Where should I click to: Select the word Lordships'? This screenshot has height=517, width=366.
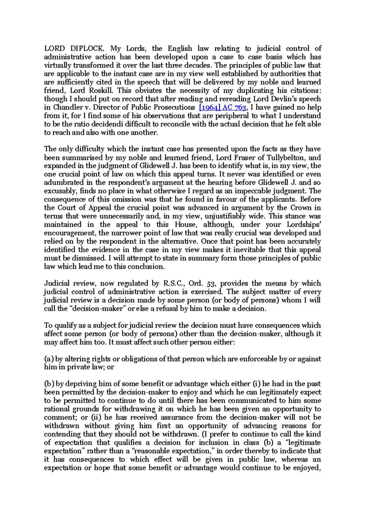pos(304,225)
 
